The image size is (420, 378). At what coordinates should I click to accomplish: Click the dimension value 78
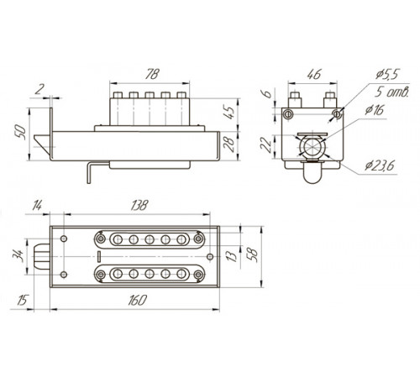153,74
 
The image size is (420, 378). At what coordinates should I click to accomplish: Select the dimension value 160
137,301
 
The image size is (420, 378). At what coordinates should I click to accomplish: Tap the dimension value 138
139,205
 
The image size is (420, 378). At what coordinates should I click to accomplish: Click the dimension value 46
314,74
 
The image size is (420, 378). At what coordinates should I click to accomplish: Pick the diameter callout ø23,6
380,165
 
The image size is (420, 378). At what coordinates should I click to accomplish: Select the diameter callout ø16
374,110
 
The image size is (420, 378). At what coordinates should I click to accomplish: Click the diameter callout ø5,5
387,74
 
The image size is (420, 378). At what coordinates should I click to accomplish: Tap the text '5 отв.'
392,92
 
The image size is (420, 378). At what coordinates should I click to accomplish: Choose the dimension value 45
230,113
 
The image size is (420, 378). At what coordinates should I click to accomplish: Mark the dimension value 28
229,144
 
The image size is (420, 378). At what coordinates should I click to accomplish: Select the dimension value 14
37,205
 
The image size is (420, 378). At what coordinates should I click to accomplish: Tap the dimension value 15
22,300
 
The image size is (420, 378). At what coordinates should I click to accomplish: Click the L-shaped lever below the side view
89,173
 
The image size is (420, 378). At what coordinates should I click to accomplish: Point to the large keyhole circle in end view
312,146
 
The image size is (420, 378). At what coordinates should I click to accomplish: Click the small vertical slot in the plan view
98,257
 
